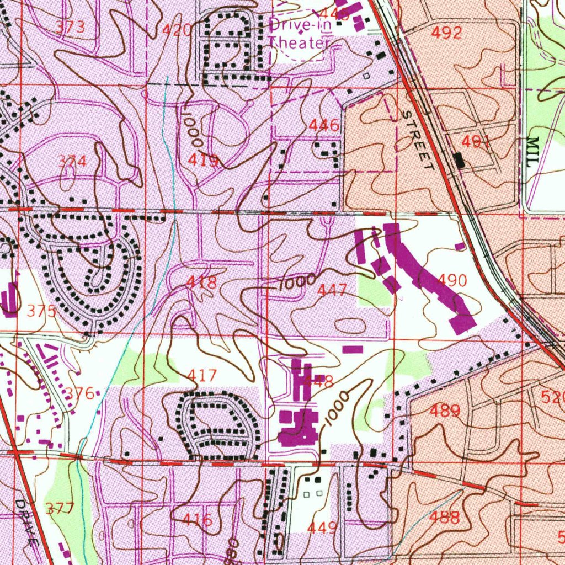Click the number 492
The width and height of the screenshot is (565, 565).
[446, 33]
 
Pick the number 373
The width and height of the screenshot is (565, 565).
[71, 27]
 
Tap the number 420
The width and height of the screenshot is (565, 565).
[178, 30]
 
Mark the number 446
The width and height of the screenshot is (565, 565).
[324, 126]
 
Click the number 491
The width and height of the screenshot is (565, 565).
[476, 142]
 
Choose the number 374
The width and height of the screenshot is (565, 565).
[73, 162]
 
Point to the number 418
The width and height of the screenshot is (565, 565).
[201, 282]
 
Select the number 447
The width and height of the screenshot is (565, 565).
[332, 290]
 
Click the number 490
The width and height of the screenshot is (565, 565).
[452, 280]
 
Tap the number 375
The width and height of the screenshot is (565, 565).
[41, 311]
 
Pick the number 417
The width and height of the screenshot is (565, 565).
[202, 376]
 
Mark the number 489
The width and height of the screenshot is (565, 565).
[445, 411]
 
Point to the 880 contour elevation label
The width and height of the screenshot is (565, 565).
[232, 549]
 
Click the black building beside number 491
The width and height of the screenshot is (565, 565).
[459, 160]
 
